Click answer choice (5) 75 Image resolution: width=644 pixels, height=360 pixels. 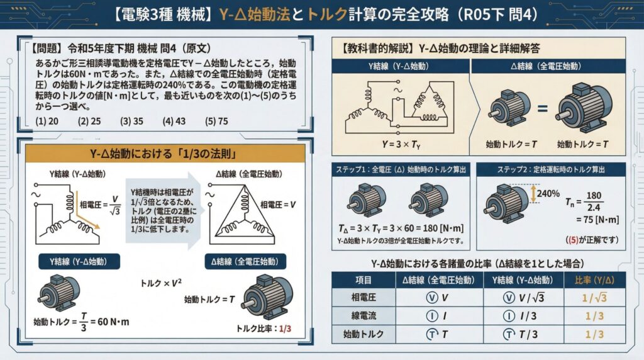(216, 121)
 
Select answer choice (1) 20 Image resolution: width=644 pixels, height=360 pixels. (47, 121)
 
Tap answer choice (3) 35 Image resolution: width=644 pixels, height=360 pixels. (131, 121)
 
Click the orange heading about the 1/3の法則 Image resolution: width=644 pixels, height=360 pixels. (165, 154)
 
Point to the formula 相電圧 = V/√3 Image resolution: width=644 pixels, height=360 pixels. (100, 205)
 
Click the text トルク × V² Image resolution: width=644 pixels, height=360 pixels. (160, 283)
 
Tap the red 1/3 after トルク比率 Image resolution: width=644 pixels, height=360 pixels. (285, 329)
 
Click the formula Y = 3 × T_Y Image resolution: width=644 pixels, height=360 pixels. (401, 144)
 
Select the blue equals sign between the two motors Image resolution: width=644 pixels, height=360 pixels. (543, 108)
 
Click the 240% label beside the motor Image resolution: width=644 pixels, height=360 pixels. (548, 193)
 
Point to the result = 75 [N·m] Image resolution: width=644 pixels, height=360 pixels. (597, 220)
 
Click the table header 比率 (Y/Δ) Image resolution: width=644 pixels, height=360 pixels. (594, 280)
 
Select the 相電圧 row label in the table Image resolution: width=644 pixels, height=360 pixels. (364, 297)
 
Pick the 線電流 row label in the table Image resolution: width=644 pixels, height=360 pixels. (364, 315)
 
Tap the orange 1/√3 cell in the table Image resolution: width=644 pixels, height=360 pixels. (594, 298)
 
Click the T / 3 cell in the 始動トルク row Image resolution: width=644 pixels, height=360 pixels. (521, 335)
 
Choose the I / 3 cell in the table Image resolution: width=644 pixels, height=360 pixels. (520, 316)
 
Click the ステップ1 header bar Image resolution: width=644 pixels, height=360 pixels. (401, 169)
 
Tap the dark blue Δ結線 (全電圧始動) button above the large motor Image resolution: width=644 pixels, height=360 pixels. (245, 262)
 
